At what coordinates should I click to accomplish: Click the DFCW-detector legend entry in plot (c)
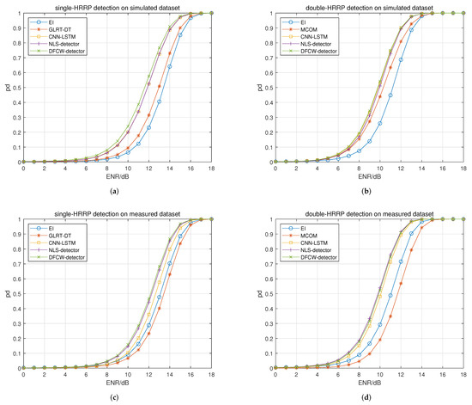click(x=64, y=257)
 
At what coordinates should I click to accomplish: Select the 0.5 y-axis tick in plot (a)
click(x=16, y=88)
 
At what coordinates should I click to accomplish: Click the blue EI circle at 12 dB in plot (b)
click(x=400, y=59)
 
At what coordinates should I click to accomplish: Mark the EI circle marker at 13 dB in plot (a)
click(x=160, y=101)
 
